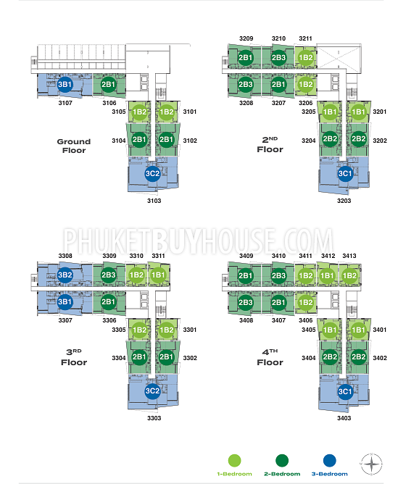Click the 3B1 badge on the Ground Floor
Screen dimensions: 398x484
65,84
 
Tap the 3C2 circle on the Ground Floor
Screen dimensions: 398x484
152,173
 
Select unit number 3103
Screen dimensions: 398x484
154,201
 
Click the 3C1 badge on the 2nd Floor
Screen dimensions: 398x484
345,173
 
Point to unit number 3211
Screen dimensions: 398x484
305,38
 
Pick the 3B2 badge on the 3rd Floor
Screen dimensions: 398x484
65,275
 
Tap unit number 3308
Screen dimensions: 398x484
65,256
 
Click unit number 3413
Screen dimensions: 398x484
349,256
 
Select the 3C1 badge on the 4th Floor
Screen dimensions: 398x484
345,392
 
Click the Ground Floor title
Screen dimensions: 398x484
74,146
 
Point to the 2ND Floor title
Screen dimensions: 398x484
270,145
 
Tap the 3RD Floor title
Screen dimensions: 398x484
74,358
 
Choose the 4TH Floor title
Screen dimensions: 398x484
270,358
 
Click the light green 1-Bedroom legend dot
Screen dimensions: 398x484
234,461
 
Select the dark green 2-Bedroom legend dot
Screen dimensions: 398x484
282,461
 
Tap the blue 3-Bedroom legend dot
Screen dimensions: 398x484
329,461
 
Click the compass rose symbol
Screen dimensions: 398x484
371,464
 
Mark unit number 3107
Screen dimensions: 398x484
65,103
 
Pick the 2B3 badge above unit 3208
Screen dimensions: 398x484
246,84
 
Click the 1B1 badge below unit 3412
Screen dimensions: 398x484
327,275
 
